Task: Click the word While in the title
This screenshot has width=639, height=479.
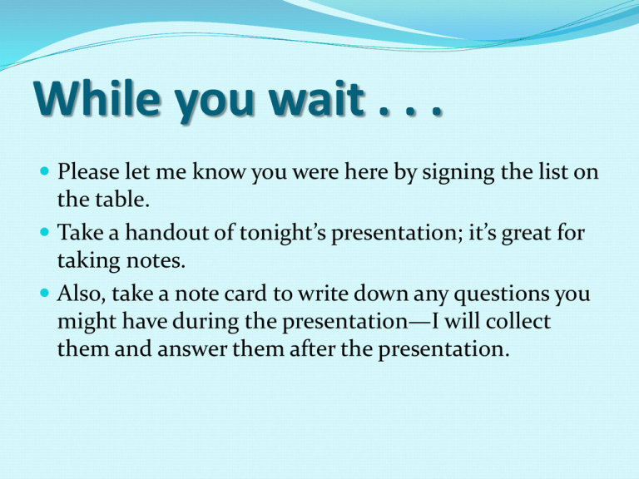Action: click(97, 98)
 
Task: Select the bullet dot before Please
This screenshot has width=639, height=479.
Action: click(45, 170)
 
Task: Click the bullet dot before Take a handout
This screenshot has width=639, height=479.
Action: click(45, 232)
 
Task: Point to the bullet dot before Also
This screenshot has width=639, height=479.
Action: click(45, 293)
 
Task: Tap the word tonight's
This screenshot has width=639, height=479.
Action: click(282, 234)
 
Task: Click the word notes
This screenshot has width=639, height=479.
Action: click(156, 260)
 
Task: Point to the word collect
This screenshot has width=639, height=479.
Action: click(518, 321)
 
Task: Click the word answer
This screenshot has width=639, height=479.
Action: click(192, 350)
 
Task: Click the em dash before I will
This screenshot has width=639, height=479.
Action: click(419, 323)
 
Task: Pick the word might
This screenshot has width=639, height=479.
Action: click(87, 322)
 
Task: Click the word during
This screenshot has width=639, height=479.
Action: click(206, 322)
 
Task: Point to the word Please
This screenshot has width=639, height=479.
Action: click(88, 171)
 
